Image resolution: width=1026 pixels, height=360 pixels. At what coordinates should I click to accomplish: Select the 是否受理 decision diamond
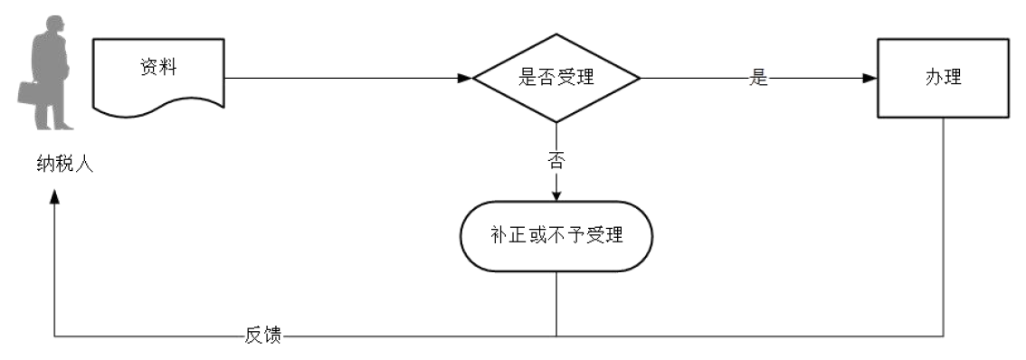pos(556,78)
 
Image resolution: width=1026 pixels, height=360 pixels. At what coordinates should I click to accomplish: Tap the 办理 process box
pos(943,78)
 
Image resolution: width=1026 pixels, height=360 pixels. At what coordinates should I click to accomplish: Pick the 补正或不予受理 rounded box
pos(556,236)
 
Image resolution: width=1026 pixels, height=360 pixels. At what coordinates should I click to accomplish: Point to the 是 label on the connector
pos(758,79)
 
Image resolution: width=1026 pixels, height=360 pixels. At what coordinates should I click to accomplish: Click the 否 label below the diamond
pos(556,162)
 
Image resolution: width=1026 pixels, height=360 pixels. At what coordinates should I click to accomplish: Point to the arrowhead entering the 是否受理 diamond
pos(464,78)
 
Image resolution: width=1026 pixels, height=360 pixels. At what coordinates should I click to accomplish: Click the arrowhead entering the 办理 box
pos(869,78)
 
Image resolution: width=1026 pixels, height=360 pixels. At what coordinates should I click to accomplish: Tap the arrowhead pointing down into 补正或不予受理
pos(556,194)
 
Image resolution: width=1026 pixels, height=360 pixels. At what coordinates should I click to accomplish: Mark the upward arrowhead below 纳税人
pos(55,198)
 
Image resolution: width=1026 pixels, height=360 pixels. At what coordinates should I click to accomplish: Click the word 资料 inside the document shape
pos(154,66)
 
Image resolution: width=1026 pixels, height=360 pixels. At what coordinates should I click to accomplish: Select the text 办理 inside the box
pos(943,78)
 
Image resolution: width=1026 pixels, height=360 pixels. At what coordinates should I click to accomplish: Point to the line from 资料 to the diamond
pos(344,78)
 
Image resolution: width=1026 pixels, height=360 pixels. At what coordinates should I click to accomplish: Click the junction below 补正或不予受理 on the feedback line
pos(556,336)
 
